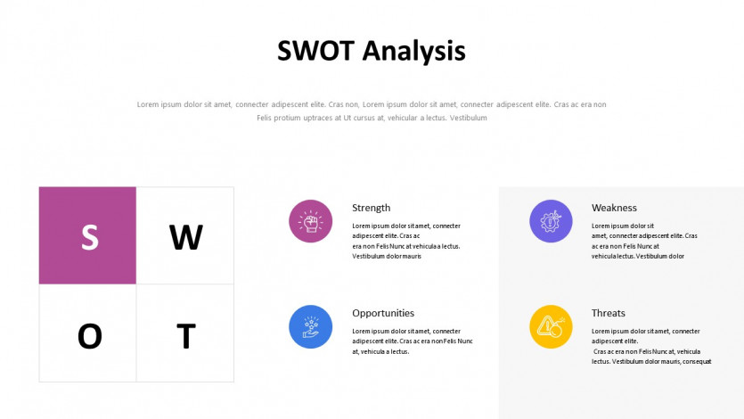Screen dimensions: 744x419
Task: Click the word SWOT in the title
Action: tap(315, 51)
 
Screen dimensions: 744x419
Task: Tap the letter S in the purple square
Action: tap(90, 237)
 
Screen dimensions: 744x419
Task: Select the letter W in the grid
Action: tap(186, 237)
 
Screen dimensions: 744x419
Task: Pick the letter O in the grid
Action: tap(90, 336)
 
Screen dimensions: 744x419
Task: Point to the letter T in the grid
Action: tap(186, 336)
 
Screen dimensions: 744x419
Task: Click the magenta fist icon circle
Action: tap(311, 221)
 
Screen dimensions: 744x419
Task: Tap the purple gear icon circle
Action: tap(551, 221)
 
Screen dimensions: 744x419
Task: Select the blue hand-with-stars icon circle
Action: tap(311, 326)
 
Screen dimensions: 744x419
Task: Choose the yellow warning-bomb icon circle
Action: tap(551, 326)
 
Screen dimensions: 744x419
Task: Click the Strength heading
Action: tap(371, 208)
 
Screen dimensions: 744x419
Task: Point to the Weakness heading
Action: tap(614, 208)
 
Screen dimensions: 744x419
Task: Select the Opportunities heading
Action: tap(383, 313)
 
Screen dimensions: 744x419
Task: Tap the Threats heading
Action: tap(609, 313)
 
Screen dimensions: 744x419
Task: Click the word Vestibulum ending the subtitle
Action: tap(469, 118)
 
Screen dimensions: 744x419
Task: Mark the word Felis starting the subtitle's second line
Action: tap(265, 118)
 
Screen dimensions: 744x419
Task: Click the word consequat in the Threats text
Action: tap(697, 362)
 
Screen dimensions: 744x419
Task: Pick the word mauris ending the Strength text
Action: tap(412, 256)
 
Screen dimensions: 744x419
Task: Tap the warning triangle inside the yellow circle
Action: tap(546, 325)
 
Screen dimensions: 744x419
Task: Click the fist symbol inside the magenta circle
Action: tap(311, 223)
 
